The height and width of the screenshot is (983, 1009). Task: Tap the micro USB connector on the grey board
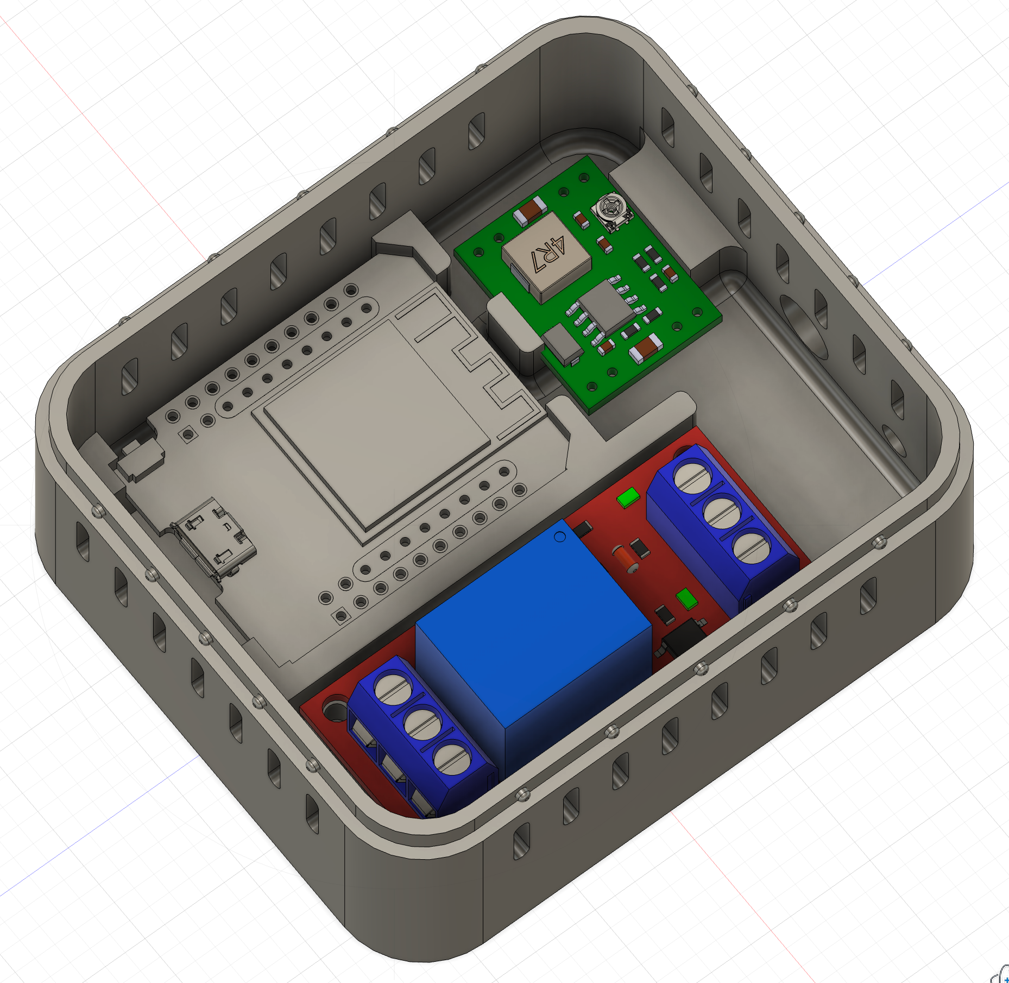coord(215,538)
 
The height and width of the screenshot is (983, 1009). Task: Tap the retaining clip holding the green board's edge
coord(513,326)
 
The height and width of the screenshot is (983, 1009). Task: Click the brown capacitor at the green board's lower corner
coord(645,348)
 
